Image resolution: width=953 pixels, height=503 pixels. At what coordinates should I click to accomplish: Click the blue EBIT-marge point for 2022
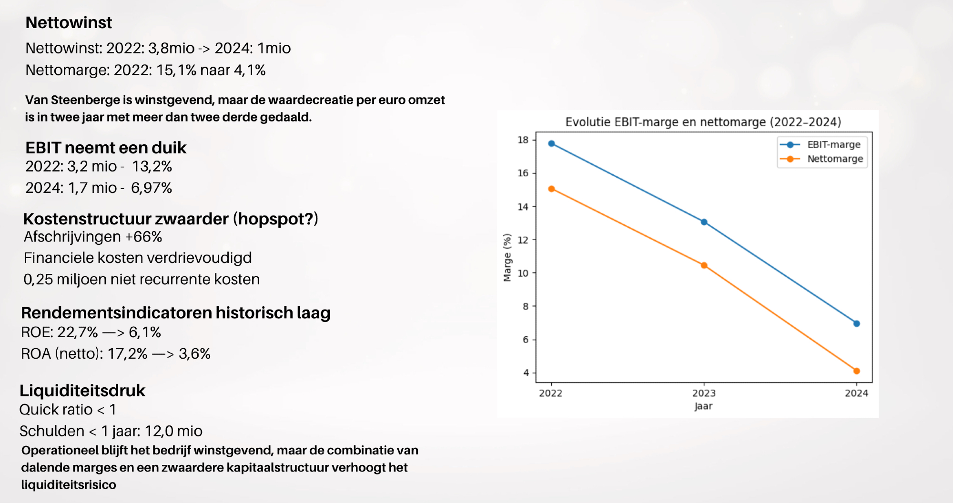click(551, 143)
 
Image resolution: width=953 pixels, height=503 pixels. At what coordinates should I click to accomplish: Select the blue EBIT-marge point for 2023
click(704, 222)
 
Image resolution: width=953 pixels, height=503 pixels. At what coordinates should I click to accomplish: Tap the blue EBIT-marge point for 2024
click(856, 323)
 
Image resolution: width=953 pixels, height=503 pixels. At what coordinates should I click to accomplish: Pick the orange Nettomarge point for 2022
click(551, 189)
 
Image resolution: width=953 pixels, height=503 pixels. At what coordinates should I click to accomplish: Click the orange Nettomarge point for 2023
click(704, 265)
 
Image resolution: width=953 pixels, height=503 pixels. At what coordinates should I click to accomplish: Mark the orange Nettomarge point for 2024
click(856, 371)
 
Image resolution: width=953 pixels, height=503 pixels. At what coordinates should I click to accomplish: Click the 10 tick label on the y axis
click(523, 273)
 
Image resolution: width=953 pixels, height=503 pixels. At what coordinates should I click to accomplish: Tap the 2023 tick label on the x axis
click(704, 393)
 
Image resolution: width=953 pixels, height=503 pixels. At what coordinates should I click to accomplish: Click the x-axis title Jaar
click(704, 406)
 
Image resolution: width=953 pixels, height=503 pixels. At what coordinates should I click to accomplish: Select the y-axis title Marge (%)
click(507, 257)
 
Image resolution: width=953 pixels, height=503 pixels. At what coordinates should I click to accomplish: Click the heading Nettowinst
click(69, 22)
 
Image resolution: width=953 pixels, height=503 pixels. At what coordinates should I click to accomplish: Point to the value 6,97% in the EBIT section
click(152, 188)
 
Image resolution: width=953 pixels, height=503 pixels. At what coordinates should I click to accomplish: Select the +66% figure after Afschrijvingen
click(143, 237)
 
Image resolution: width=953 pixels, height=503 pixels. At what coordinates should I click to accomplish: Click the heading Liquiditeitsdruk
click(82, 391)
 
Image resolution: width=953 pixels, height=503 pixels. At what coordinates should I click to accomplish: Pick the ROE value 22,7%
click(78, 332)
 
